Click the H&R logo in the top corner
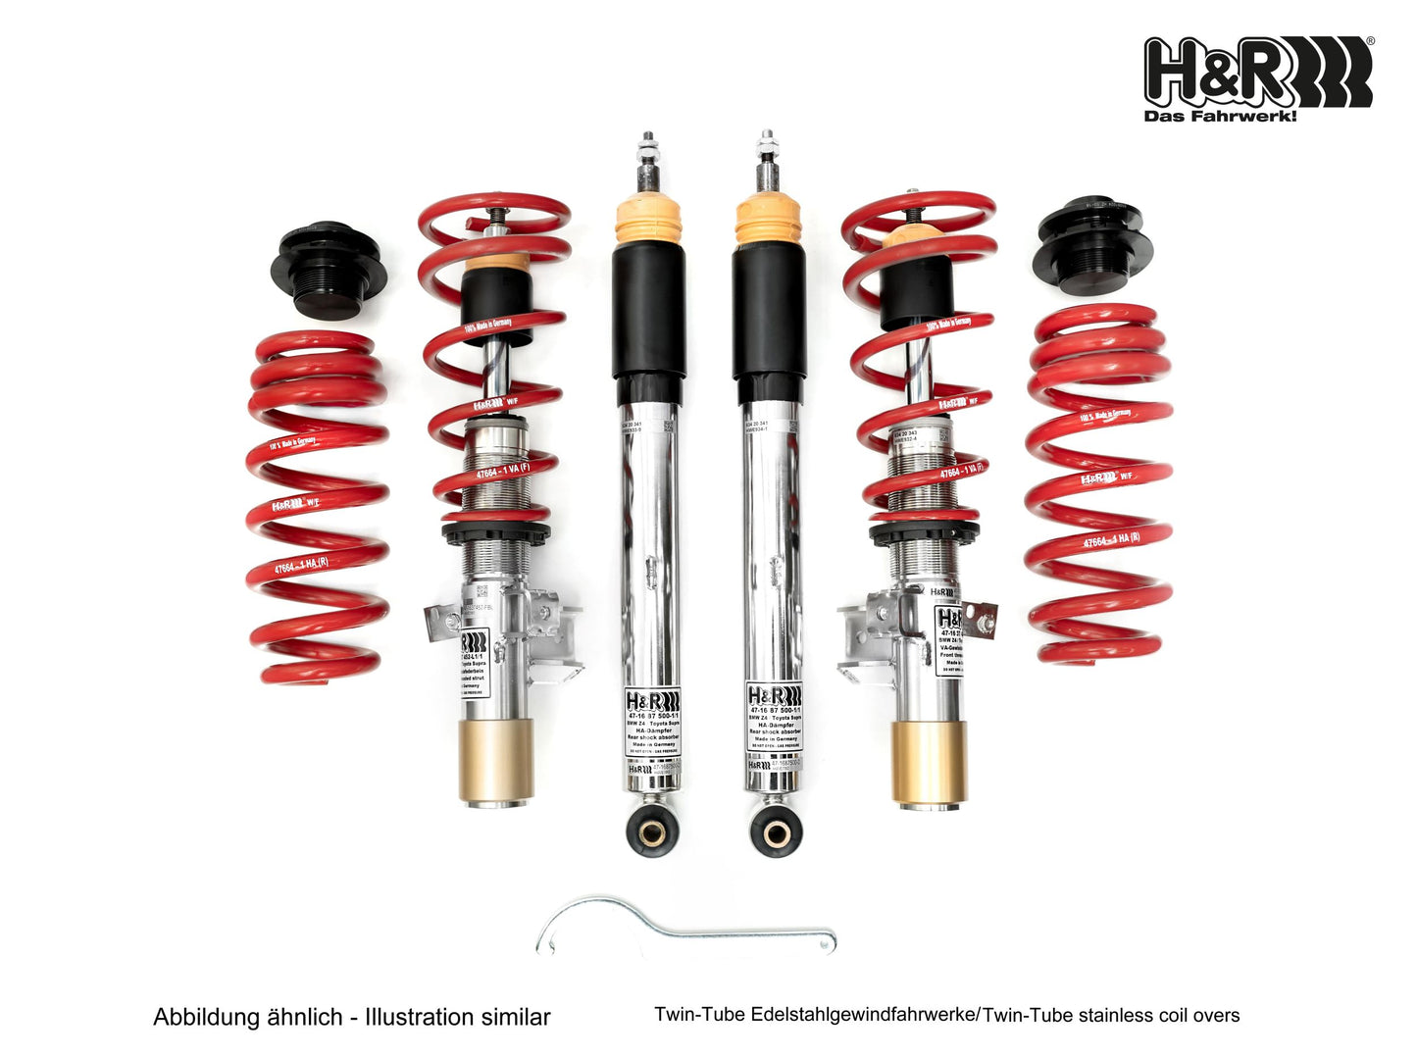coord(1258,72)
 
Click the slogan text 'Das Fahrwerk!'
coord(1220,117)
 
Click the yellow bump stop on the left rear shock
coord(647,224)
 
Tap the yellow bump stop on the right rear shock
coord(769,222)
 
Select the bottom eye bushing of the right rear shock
coord(776,830)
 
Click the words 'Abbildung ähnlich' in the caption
coord(247,1017)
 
